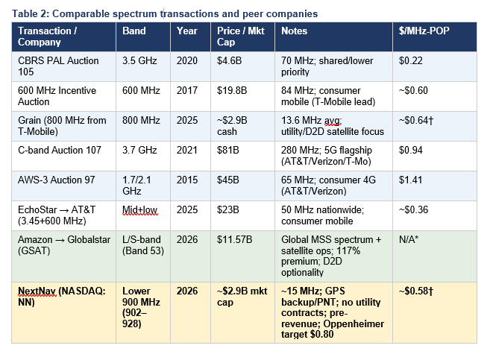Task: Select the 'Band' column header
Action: click(136, 31)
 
